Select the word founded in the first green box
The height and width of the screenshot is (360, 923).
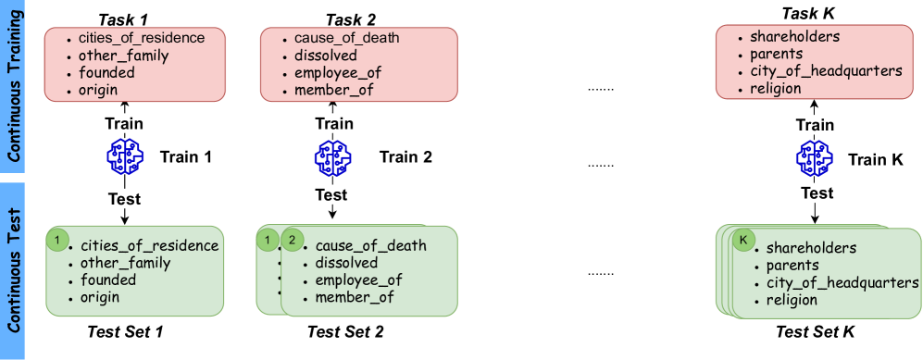(107, 280)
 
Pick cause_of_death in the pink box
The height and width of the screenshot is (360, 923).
(346, 38)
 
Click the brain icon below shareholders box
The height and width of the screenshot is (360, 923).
(815, 159)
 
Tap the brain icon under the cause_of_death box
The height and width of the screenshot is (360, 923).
(332, 159)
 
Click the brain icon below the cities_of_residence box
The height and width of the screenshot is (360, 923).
(124, 159)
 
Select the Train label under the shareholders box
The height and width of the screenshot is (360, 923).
(815, 124)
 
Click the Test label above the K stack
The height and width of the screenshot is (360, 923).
(816, 192)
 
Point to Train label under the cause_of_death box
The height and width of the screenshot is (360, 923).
(333, 124)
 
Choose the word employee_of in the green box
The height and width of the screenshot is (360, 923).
(358, 280)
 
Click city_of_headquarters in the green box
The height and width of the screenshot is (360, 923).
(842, 283)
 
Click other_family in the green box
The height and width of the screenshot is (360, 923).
(125, 263)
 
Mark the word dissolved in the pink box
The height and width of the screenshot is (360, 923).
(325, 56)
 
